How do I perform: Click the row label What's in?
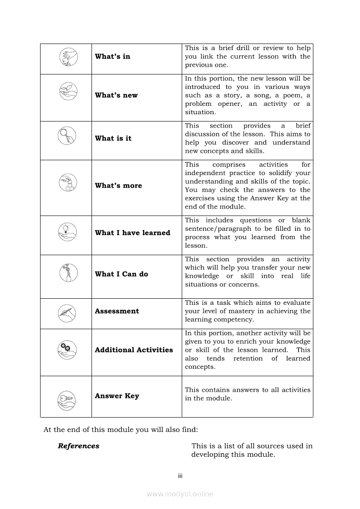(x=112, y=57)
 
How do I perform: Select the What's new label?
(x=116, y=95)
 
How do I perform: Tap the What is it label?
(x=113, y=138)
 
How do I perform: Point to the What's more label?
(x=118, y=185)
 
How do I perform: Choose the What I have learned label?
(x=132, y=233)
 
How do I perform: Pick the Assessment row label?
(x=117, y=311)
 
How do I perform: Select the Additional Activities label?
(x=134, y=350)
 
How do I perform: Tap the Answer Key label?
(x=117, y=396)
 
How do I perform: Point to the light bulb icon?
(x=67, y=231)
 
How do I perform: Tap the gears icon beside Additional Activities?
(x=66, y=348)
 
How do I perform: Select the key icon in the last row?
(x=67, y=400)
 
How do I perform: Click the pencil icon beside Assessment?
(x=67, y=313)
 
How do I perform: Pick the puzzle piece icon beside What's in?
(x=67, y=57)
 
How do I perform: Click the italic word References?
(x=78, y=446)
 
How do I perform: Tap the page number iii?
(x=180, y=476)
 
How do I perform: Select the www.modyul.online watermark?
(x=180, y=494)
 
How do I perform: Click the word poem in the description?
(x=295, y=95)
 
